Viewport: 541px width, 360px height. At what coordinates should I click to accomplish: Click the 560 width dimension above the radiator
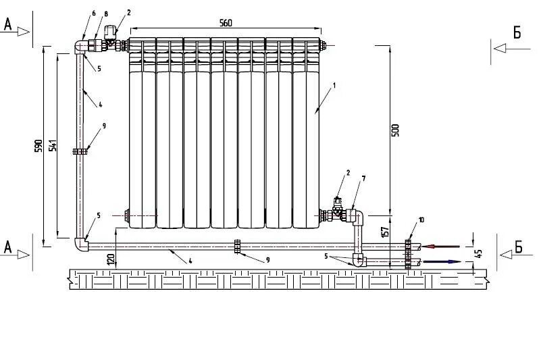tap(226, 23)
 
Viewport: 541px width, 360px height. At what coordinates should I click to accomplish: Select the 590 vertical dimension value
tap(40, 146)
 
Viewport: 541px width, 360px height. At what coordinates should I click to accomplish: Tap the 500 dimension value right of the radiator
tap(396, 130)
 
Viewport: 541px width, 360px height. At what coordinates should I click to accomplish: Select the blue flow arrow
tap(442, 261)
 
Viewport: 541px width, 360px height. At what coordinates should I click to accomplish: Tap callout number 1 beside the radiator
tap(334, 86)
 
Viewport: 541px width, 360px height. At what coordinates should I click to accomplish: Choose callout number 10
tap(421, 220)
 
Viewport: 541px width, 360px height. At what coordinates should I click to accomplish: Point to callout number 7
tap(363, 178)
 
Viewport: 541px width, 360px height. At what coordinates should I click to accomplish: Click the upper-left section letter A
tap(8, 26)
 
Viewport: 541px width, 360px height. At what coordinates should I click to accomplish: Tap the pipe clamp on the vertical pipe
tap(80, 152)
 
